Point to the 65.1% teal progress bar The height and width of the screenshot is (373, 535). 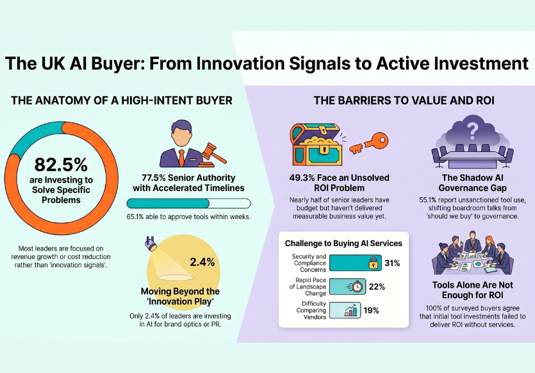point(169,203)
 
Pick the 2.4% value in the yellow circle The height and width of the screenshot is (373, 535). point(202,261)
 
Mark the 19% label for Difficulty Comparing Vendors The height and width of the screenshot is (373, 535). point(372,311)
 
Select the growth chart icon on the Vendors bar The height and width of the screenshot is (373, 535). point(350,311)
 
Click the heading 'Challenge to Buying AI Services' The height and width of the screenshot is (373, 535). point(343,243)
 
